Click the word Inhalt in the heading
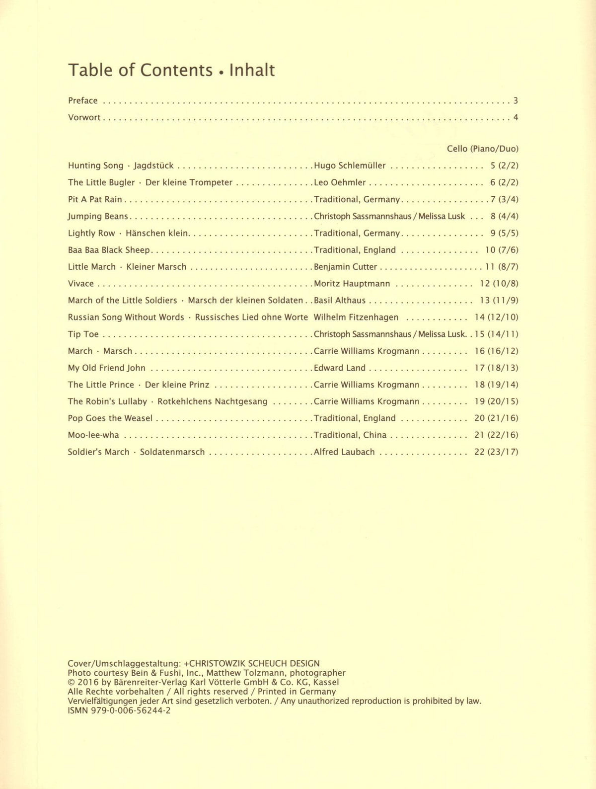(x=252, y=71)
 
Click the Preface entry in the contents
(x=83, y=101)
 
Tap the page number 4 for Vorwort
(x=516, y=118)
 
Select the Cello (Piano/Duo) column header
(x=482, y=149)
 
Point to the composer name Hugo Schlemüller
(x=350, y=165)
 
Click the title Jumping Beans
(x=98, y=216)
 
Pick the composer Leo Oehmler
(x=340, y=182)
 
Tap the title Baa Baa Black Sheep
(x=109, y=250)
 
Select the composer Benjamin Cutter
(x=346, y=267)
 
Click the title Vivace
(x=81, y=284)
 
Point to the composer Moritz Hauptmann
(x=352, y=284)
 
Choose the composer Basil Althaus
(x=340, y=300)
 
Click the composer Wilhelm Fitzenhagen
(x=356, y=317)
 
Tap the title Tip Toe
(x=83, y=334)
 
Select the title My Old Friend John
(x=107, y=368)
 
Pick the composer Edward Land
(x=340, y=368)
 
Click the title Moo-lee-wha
(x=93, y=435)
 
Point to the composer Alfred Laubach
(x=344, y=452)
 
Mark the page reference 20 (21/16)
(x=496, y=418)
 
